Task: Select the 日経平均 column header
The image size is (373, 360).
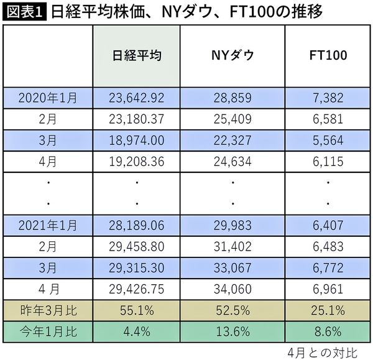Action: [137, 55]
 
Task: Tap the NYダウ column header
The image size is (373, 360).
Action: [233, 55]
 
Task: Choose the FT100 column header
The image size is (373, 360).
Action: [328, 55]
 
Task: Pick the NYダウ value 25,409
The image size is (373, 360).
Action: [233, 118]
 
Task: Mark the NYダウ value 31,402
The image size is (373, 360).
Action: [233, 247]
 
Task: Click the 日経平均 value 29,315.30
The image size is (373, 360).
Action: [137, 268]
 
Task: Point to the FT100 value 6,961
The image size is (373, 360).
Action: [328, 289]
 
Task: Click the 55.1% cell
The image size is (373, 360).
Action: [137, 310]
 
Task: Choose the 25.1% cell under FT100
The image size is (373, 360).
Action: [328, 310]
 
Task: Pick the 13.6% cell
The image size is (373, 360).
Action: [233, 330]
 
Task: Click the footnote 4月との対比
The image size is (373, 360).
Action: [323, 351]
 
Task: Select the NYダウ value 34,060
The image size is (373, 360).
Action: [233, 289]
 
